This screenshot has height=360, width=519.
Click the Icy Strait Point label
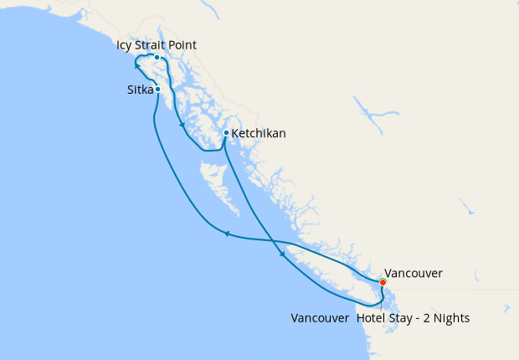[157, 44]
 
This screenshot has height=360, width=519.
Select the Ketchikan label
[258, 133]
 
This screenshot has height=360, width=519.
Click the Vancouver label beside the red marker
[413, 273]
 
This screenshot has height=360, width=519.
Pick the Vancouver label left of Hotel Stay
[320, 318]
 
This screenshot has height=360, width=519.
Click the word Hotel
[373, 318]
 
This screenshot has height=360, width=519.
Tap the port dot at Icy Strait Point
[157, 58]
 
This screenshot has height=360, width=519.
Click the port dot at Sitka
[157, 89]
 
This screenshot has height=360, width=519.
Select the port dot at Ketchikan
[226, 132]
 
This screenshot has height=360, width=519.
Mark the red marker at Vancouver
[383, 282]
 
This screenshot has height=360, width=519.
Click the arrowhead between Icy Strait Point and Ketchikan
[182, 126]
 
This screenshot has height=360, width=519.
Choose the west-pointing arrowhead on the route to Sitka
[226, 234]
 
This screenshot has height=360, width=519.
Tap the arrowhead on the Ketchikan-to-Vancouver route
[282, 253]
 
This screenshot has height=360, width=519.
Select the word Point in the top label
[182, 44]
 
